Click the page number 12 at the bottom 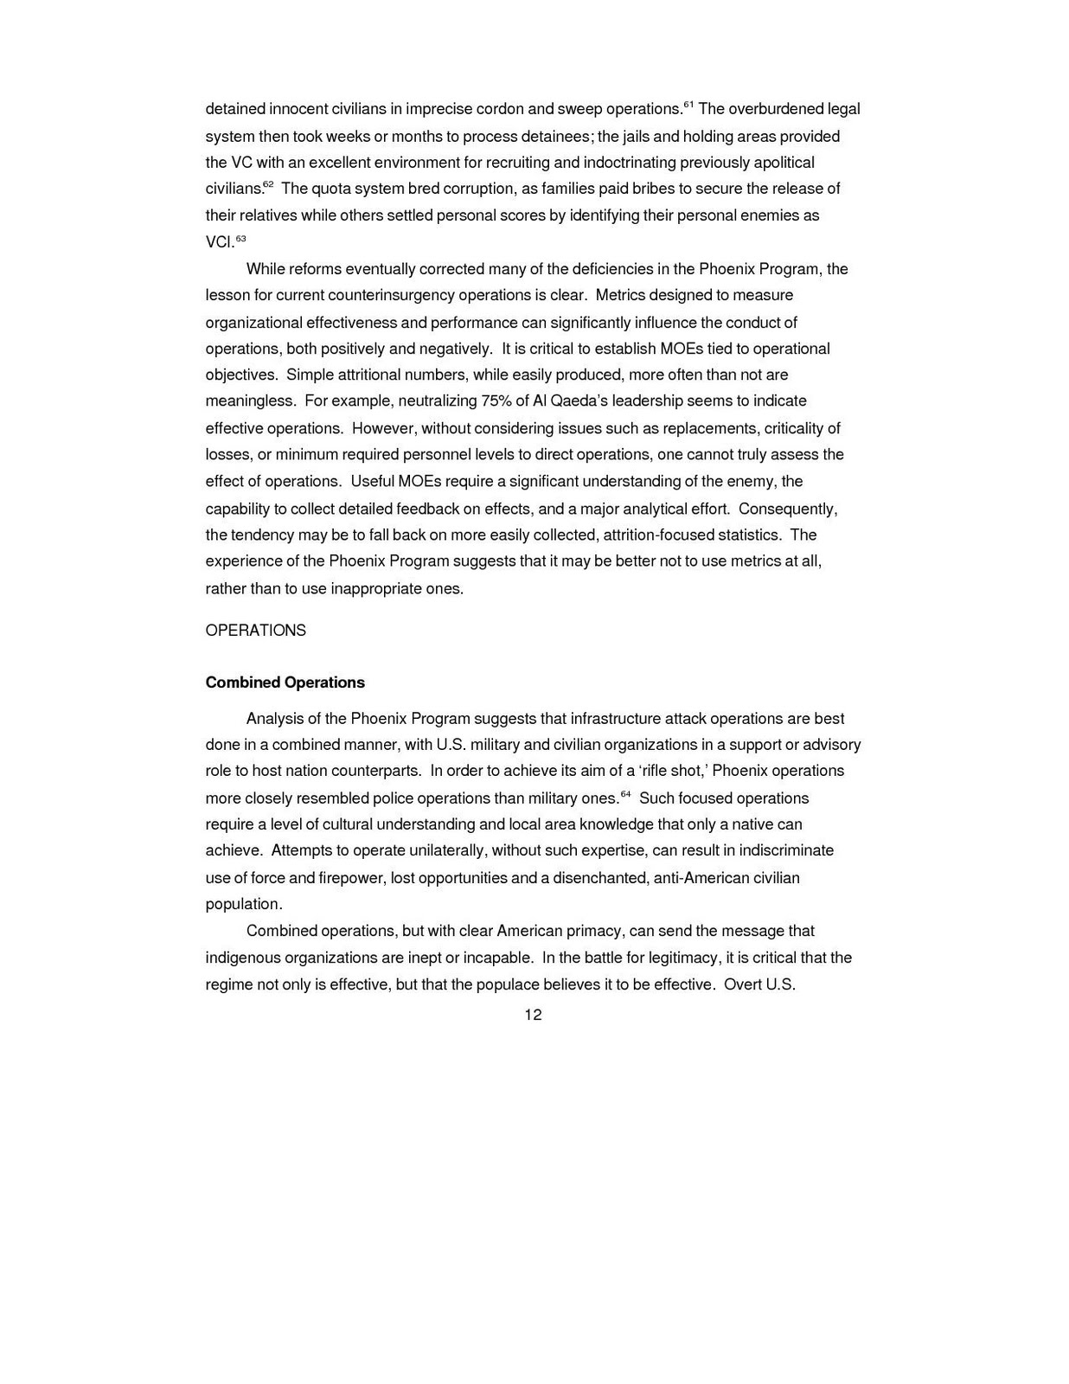pyautogui.click(x=533, y=1015)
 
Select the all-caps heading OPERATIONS pyautogui.click(x=255, y=631)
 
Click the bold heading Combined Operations pyautogui.click(x=285, y=682)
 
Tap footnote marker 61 pyautogui.click(x=688, y=105)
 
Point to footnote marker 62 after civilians pyautogui.click(x=268, y=184)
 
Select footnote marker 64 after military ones pyautogui.click(x=625, y=793)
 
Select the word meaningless pyautogui.click(x=250, y=401)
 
